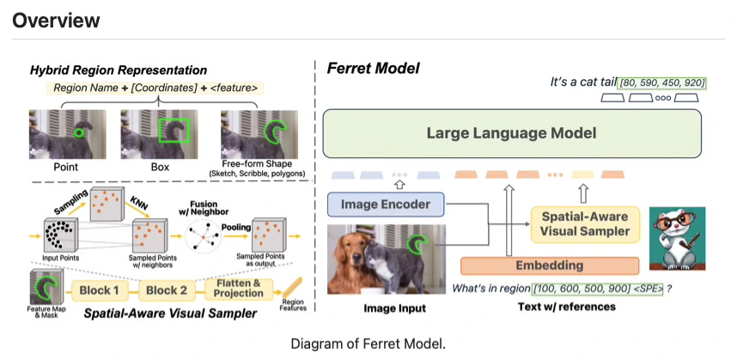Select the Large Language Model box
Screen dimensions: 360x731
pyautogui.click(x=511, y=133)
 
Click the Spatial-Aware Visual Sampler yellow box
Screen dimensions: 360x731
pyautogui.click(x=586, y=223)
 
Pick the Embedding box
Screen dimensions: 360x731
pyautogui.click(x=550, y=265)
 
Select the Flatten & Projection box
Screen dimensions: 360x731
pyautogui.click(x=239, y=289)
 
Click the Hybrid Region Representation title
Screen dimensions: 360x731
pyautogui.click(x=119, y=70)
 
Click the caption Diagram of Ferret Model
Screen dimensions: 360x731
pyautogui.click(x=368, y=344)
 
